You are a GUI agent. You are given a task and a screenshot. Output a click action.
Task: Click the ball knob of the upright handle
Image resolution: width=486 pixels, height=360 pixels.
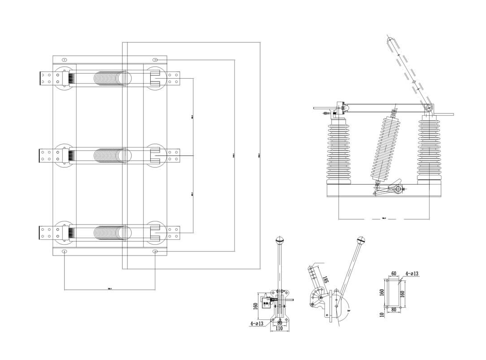pyautogui.click(x=280, y=240)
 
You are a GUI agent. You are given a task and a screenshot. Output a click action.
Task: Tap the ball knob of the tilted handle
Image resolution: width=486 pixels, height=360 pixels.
pyautogui.click(x=361, y=240)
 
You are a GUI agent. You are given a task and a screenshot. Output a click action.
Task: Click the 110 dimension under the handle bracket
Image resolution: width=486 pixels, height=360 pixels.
pyautogui.click(x=279, y=329)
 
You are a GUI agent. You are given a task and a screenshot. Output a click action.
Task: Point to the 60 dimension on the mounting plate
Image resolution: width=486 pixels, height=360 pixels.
pyautogui.click(x=394, y=274)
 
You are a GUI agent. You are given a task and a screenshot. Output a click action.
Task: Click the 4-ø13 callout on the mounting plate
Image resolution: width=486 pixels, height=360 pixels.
pyautogui.click(x=412, y=273)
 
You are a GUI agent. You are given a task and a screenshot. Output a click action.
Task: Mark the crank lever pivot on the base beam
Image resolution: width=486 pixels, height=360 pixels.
pyautogui.click(x=398, y=189)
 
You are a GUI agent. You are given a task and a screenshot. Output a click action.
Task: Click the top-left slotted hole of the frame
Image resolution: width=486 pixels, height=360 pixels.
pyautogui.click(x=64, y=59)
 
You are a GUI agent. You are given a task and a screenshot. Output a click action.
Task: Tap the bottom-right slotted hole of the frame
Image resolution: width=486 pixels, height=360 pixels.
pyautogui.click(x=155, y=251)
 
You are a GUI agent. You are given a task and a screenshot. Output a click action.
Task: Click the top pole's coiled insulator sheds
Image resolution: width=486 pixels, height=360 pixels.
pyautogui.click(x=110, y=78)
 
